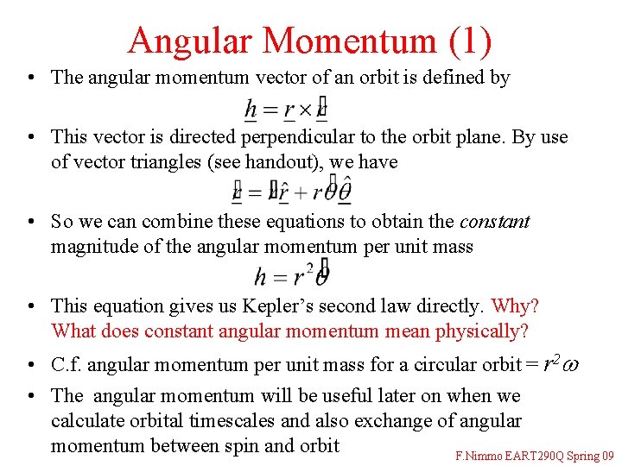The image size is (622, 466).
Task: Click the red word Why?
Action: point(515,306)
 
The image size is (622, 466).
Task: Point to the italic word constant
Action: point(495,222)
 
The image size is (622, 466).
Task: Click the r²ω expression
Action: point(560,364)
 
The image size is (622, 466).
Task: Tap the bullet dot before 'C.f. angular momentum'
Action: point(30,365)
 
